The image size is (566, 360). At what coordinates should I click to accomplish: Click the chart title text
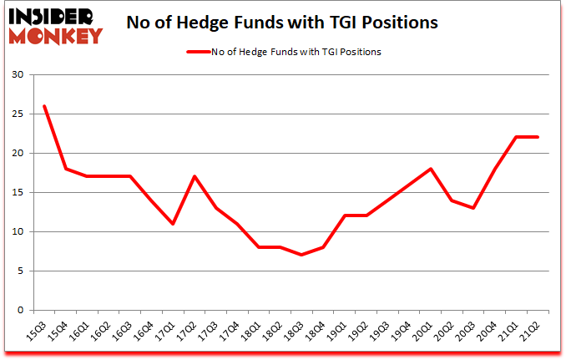(281, 23)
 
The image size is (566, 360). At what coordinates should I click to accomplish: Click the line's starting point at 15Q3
(44, 106)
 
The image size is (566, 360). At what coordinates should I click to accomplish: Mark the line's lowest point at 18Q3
(303, 255)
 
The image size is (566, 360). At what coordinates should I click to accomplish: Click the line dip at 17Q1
(174, 224)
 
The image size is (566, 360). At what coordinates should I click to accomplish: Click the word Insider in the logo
(52, 17)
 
